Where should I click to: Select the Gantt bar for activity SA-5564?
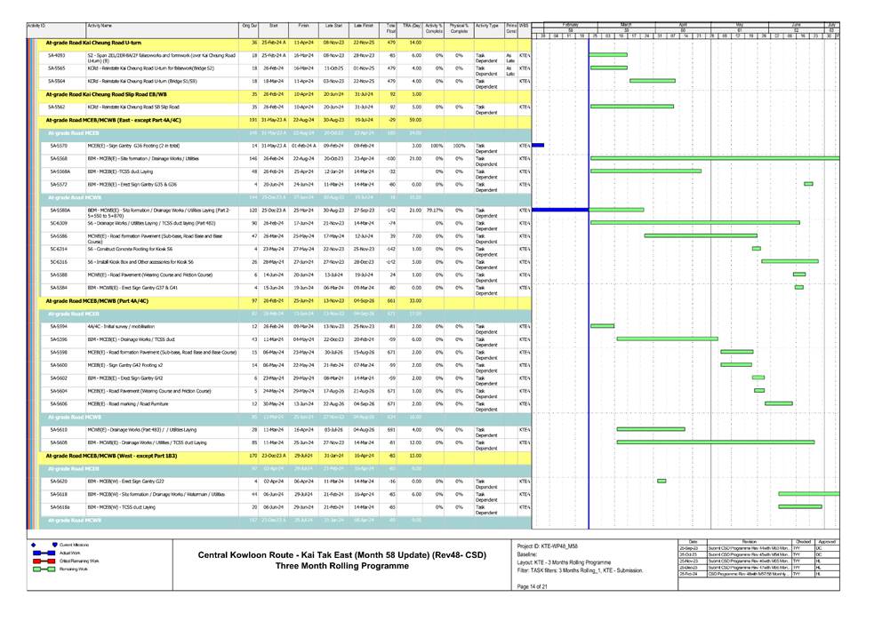pyautogui.click(x=652, y=81)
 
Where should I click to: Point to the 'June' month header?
pyautogui.click(x=796, y=24)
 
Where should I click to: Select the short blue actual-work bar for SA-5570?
pyautogui.click(x=537, y=145)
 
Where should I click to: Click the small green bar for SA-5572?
pyautogui.click(x=808, y=184)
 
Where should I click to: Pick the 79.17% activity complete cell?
pyautogui.click(x=434, y=210)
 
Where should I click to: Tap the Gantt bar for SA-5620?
pyautogui.click(x=661, y=481)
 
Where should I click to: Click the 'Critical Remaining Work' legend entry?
pyautogui.click(x=79, y=561)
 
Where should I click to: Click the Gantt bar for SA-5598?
pyautogui.click(x=737, y=352)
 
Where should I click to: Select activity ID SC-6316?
pyautogui.click(x=59, y=262)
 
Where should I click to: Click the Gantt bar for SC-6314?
pyautogui.click(x=757, y=249)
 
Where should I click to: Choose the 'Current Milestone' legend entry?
pyautogui.click(x=76, y=544)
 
